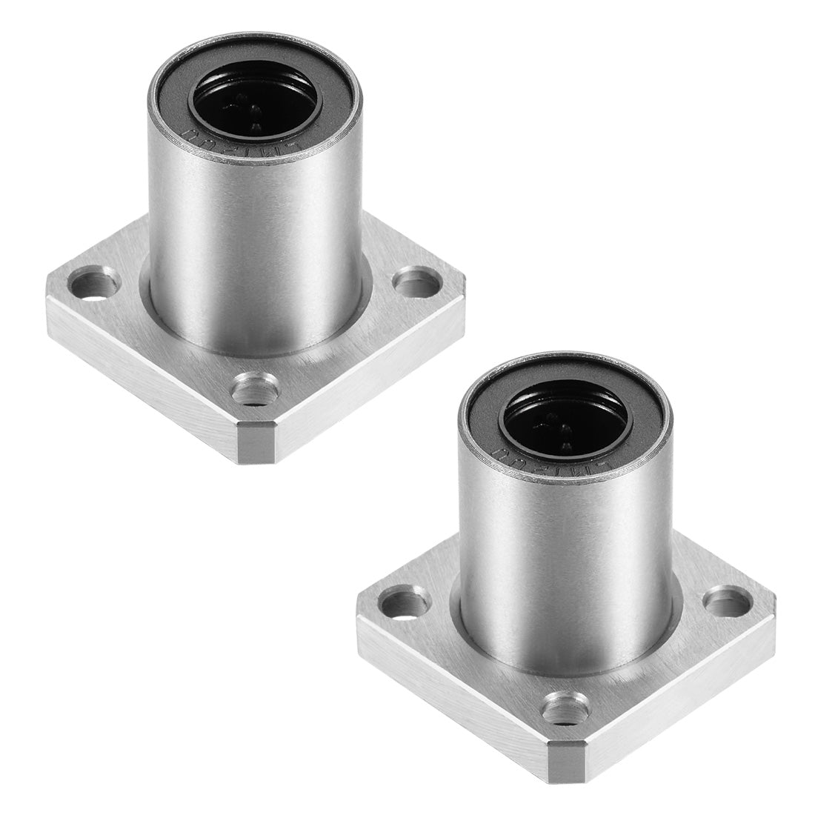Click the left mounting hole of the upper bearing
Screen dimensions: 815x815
(96, 283)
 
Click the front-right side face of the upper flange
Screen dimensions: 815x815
(370, 370)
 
